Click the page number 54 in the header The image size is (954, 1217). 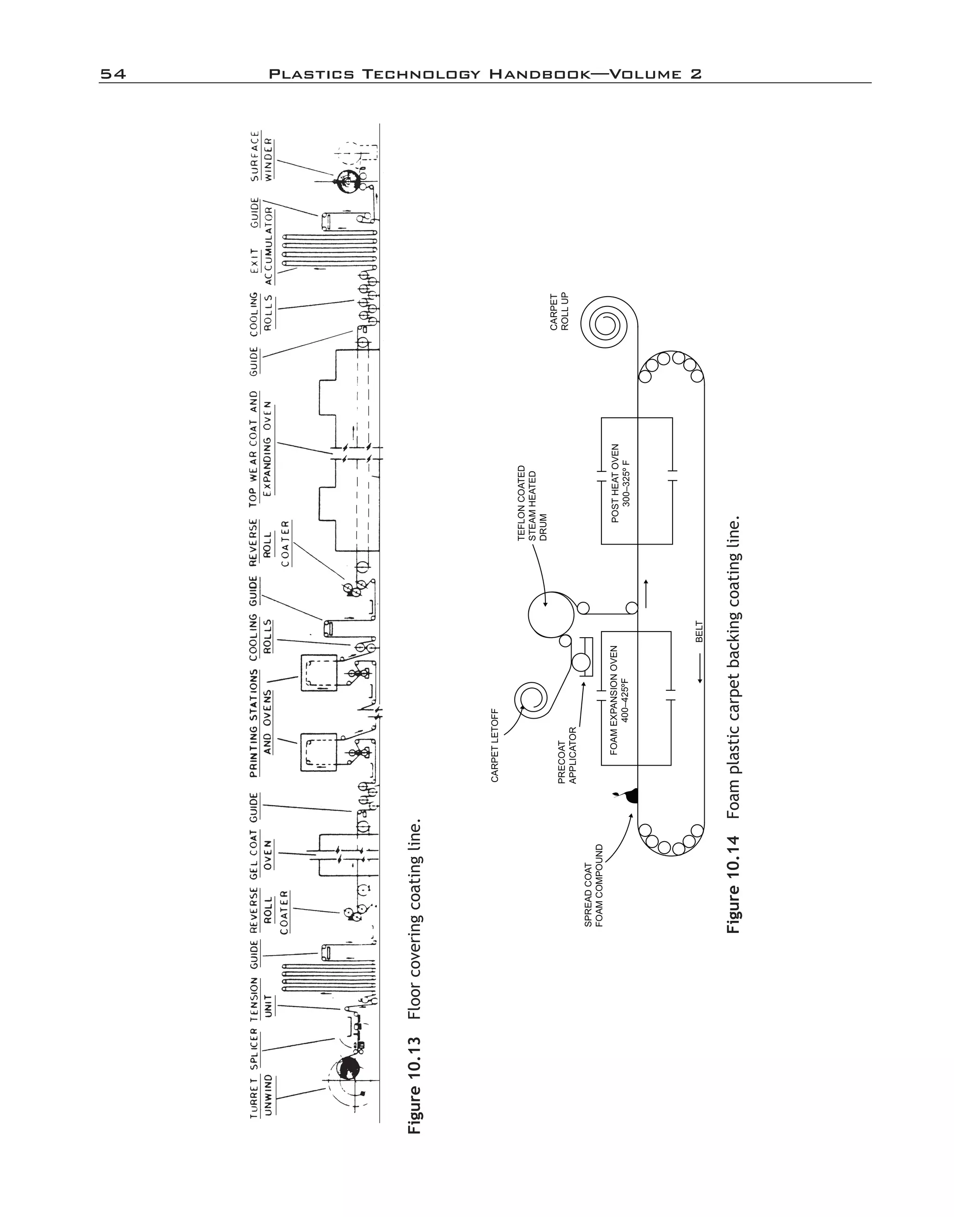point(113,74)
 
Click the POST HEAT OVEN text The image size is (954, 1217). point(620,483)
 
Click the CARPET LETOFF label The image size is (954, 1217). point(494,745)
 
